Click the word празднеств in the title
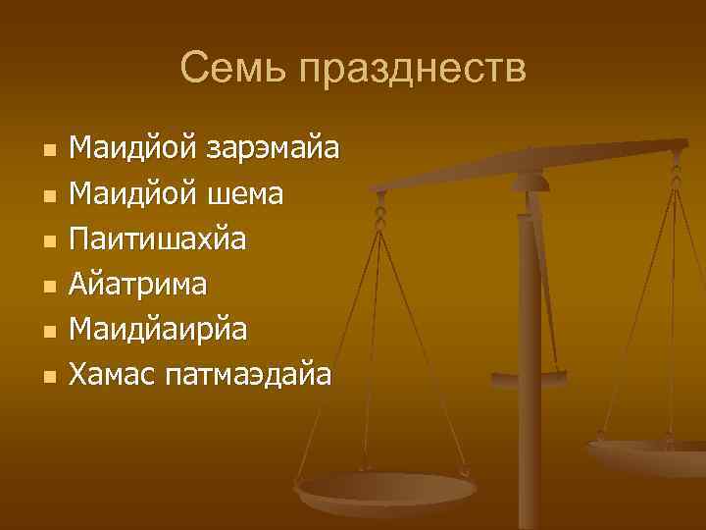[x=414, y=71]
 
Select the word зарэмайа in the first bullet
[x=274, y=149]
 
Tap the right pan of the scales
[x=652, y=452]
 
